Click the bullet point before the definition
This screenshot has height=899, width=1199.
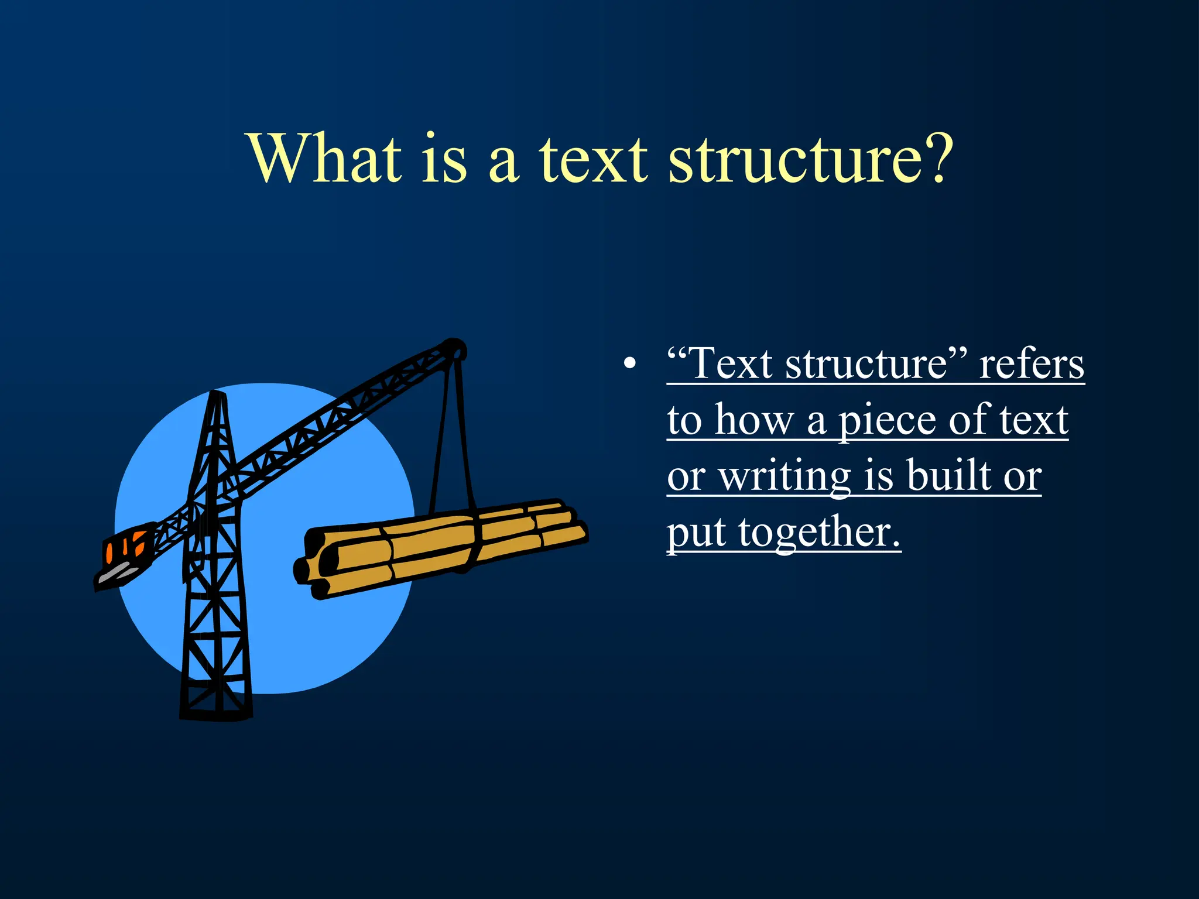[629, 364]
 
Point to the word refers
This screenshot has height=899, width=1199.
[1032, 365]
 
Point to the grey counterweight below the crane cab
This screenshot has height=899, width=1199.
[117, 574]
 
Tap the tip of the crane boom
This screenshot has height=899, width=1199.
[453, 349]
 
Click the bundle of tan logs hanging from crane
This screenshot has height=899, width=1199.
[445, 541]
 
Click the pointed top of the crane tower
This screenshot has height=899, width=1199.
[217, 398]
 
